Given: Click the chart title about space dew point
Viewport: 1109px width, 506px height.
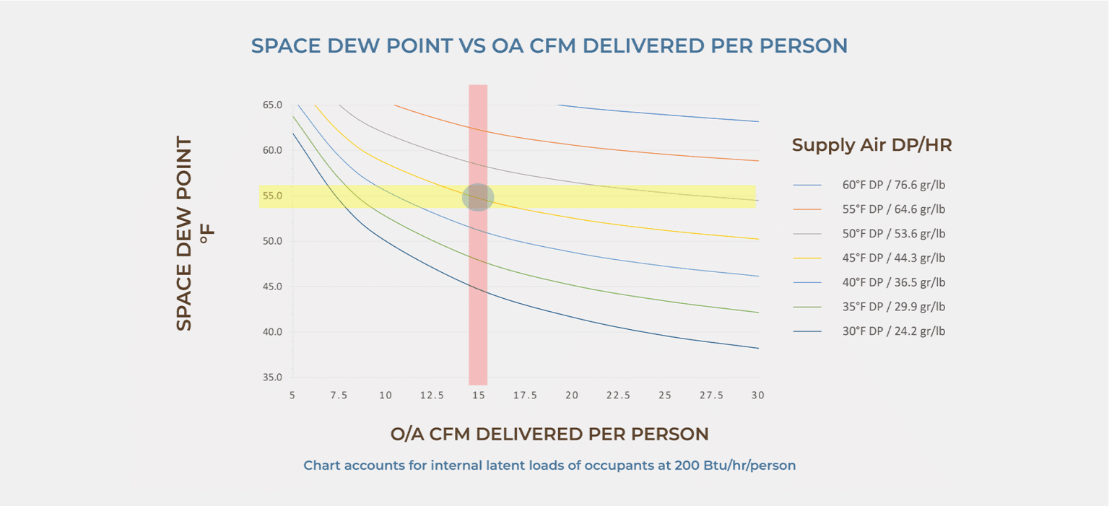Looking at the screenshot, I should tap(549, 45).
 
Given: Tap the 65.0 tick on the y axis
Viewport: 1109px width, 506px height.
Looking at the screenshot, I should tap(272, 105).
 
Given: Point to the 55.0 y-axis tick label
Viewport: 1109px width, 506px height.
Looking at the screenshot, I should tap(272, 196).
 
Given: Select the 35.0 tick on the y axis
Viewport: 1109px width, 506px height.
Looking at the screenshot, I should tap(272, 378).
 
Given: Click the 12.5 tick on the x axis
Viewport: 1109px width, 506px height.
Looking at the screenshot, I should tap(432, 396).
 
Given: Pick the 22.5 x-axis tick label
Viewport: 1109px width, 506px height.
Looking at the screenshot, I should tap(618, 396).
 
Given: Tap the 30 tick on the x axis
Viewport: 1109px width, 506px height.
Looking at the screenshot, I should tap(757, 396).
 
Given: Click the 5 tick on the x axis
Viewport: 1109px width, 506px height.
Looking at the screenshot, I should tap(292, 396).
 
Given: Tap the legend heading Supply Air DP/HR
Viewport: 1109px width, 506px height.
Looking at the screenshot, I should tap(871, 145).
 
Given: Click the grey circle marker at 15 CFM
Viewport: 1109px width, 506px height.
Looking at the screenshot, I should tap(478, 197).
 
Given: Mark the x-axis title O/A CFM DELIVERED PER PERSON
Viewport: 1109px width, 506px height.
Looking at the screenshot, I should tap(549, 434).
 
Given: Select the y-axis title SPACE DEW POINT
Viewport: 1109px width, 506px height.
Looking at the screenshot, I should tap(185, 233).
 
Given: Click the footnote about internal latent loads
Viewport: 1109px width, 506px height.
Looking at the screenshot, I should tap(549, 466).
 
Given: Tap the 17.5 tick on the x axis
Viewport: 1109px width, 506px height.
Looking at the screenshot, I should tap(525, 396).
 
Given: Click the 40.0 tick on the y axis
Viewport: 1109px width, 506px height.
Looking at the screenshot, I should tap(272, 332).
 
